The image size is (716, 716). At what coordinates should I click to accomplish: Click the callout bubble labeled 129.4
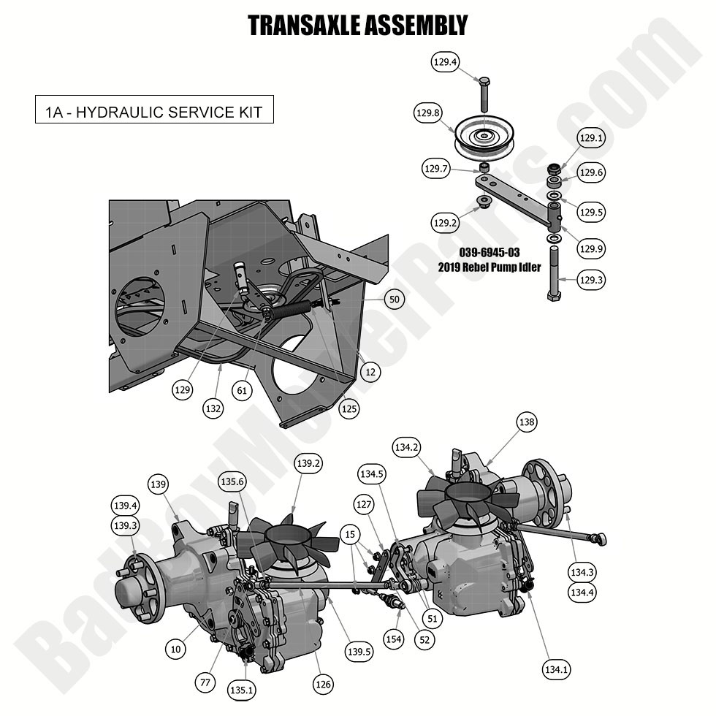click(445, 63)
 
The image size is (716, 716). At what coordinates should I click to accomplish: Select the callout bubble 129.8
click(428, 113)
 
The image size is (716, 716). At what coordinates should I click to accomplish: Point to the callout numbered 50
click(395, 300)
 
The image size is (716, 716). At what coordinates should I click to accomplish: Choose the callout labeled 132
click(213, 409)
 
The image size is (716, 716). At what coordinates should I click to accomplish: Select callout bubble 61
click(243, 392)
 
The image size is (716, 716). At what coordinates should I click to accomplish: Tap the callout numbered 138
click(526, 422)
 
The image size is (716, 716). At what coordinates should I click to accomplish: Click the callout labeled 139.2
click(308, 462)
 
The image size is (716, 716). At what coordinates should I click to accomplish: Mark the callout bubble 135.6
click(232, 481)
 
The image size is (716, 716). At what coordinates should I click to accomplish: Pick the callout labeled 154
click(394, 639)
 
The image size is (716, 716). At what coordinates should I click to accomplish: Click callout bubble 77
click(206, 682)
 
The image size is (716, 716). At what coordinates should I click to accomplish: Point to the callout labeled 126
click(323, 684)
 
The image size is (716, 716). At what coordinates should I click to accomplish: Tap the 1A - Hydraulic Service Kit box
click(154, 113)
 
